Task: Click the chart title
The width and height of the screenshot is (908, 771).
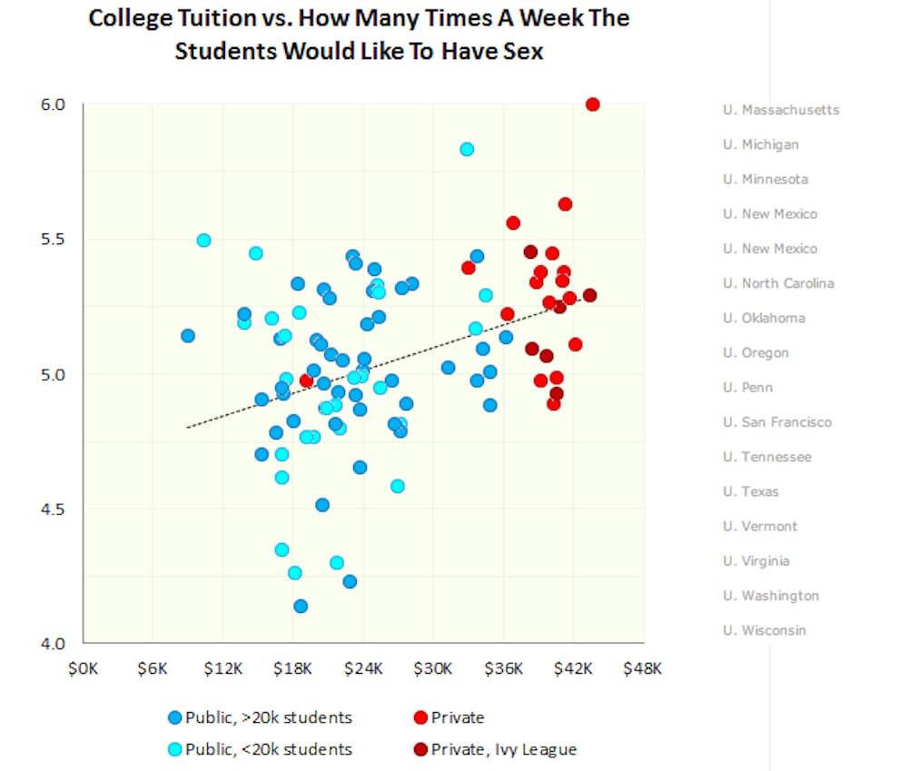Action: pos(359,35)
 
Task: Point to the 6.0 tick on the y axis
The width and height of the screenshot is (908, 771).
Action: pos(54,104)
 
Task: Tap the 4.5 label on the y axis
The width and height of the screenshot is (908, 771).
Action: pos(54,509)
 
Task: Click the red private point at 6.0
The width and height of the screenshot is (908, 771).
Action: pos(593,104)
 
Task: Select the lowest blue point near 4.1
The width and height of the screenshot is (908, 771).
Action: pos(301,606)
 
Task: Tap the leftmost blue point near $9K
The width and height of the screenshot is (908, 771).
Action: pos(188,336)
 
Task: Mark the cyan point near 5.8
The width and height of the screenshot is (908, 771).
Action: pos(467,149)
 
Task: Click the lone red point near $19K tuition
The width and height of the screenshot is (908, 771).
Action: pos(307,381)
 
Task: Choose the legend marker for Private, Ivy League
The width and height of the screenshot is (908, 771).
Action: pos(420,749)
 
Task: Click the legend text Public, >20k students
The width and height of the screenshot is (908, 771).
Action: pos(268,717)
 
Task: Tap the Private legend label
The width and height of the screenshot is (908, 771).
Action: pos(458,717)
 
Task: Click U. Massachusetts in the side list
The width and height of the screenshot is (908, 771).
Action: pos(781,110)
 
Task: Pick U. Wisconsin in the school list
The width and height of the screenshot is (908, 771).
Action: pos(764,630)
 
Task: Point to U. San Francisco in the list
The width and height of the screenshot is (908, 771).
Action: pos(776,422)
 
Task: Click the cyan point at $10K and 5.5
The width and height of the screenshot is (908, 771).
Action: pos(203,241)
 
